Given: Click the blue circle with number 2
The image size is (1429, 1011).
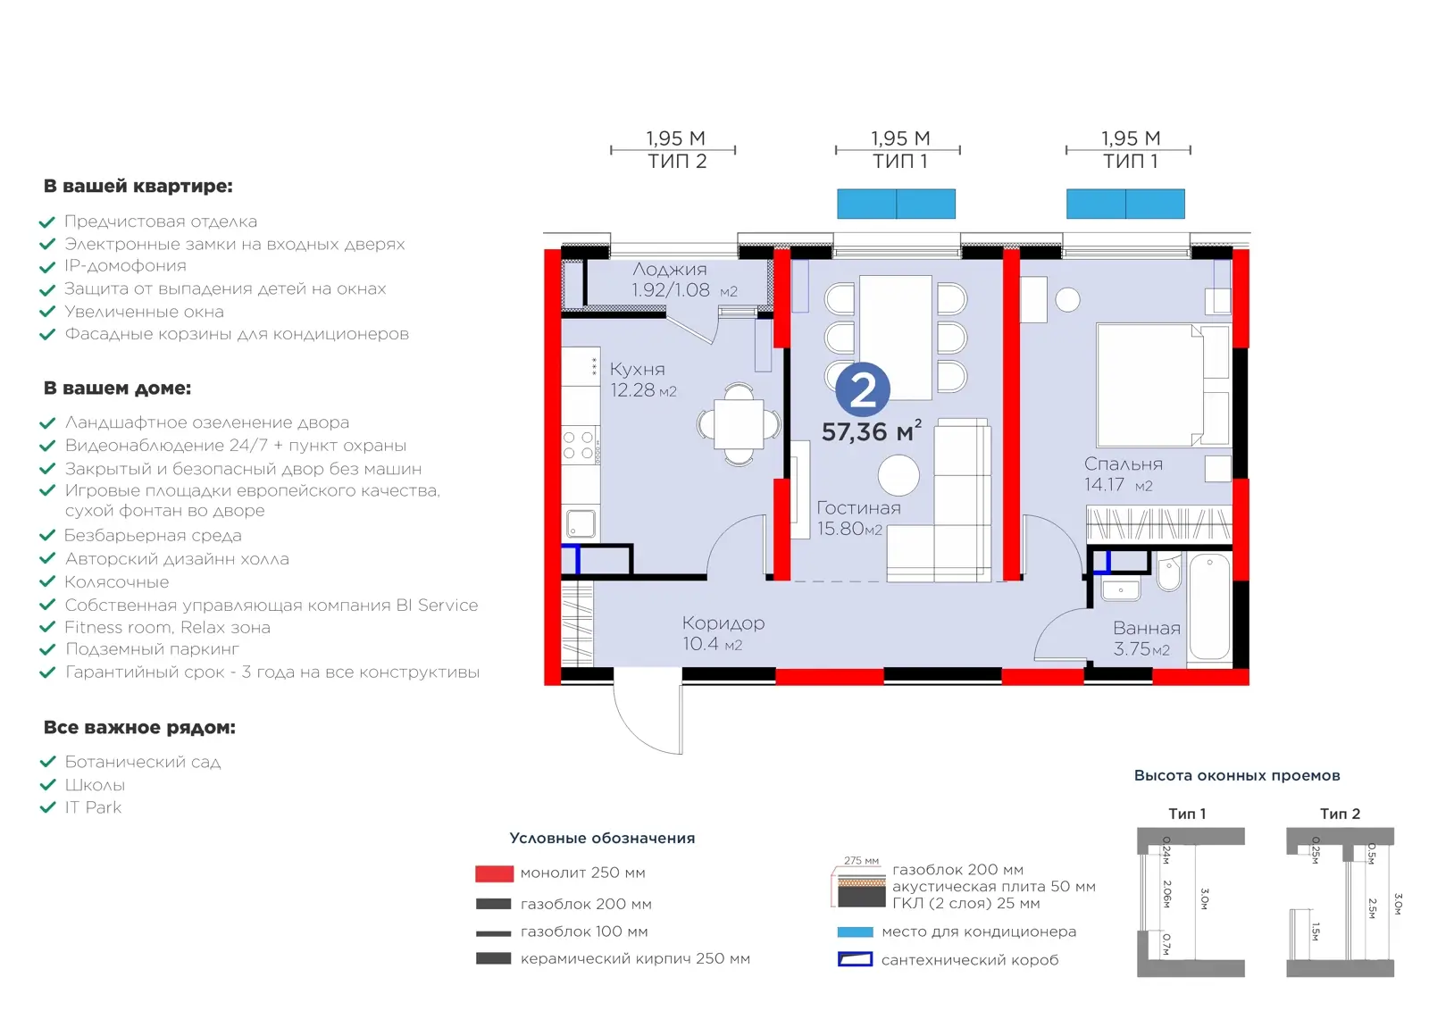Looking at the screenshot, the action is pos(863,389).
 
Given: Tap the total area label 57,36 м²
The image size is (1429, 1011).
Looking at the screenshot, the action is pos(872,431).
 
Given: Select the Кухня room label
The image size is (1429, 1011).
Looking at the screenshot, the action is pos(637,369).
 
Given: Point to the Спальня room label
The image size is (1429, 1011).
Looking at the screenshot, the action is pos(1123,464).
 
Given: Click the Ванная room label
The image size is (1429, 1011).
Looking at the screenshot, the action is pos(1147,628).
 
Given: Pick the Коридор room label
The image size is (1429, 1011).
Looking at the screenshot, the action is pos(723,622).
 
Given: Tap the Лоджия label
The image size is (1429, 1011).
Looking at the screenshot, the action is pos(669,269).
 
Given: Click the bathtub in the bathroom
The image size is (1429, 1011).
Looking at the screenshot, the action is pos(1209,606).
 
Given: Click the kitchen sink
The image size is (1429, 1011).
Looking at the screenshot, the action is pos(581,523).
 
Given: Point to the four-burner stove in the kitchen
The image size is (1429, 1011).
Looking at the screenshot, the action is pos(580,445).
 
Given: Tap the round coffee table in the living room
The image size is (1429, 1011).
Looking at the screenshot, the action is pos(898,474).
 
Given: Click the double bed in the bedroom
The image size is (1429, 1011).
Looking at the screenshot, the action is pos(1162,385).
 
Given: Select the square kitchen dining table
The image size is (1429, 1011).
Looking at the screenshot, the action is pos(738,424).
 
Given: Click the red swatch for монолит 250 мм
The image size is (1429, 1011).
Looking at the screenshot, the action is pos(494,873).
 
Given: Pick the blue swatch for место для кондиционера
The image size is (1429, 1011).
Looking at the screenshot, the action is pos(855,932).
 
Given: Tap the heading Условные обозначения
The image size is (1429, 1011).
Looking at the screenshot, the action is pos(602,838).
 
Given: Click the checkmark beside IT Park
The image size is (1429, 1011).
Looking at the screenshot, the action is pos(48,806).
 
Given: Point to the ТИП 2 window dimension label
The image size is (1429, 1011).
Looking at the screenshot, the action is pos(677,162).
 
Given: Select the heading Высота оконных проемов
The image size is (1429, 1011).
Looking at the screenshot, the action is pos(1236,775).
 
